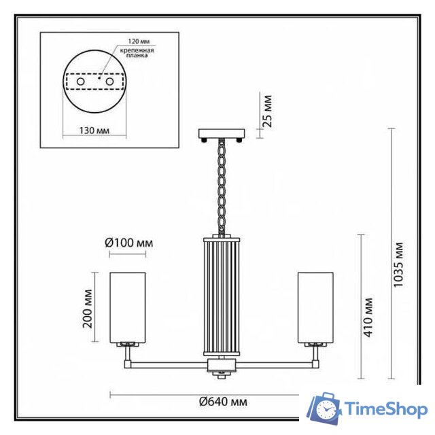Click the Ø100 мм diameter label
(128, 243)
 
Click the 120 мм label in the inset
(133, 41)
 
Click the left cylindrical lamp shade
(128, 304)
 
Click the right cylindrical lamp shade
(315, 304)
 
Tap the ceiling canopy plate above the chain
(222, 133)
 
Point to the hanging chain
(222, 184)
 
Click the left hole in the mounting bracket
(81, 81)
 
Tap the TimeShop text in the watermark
(385, 408)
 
